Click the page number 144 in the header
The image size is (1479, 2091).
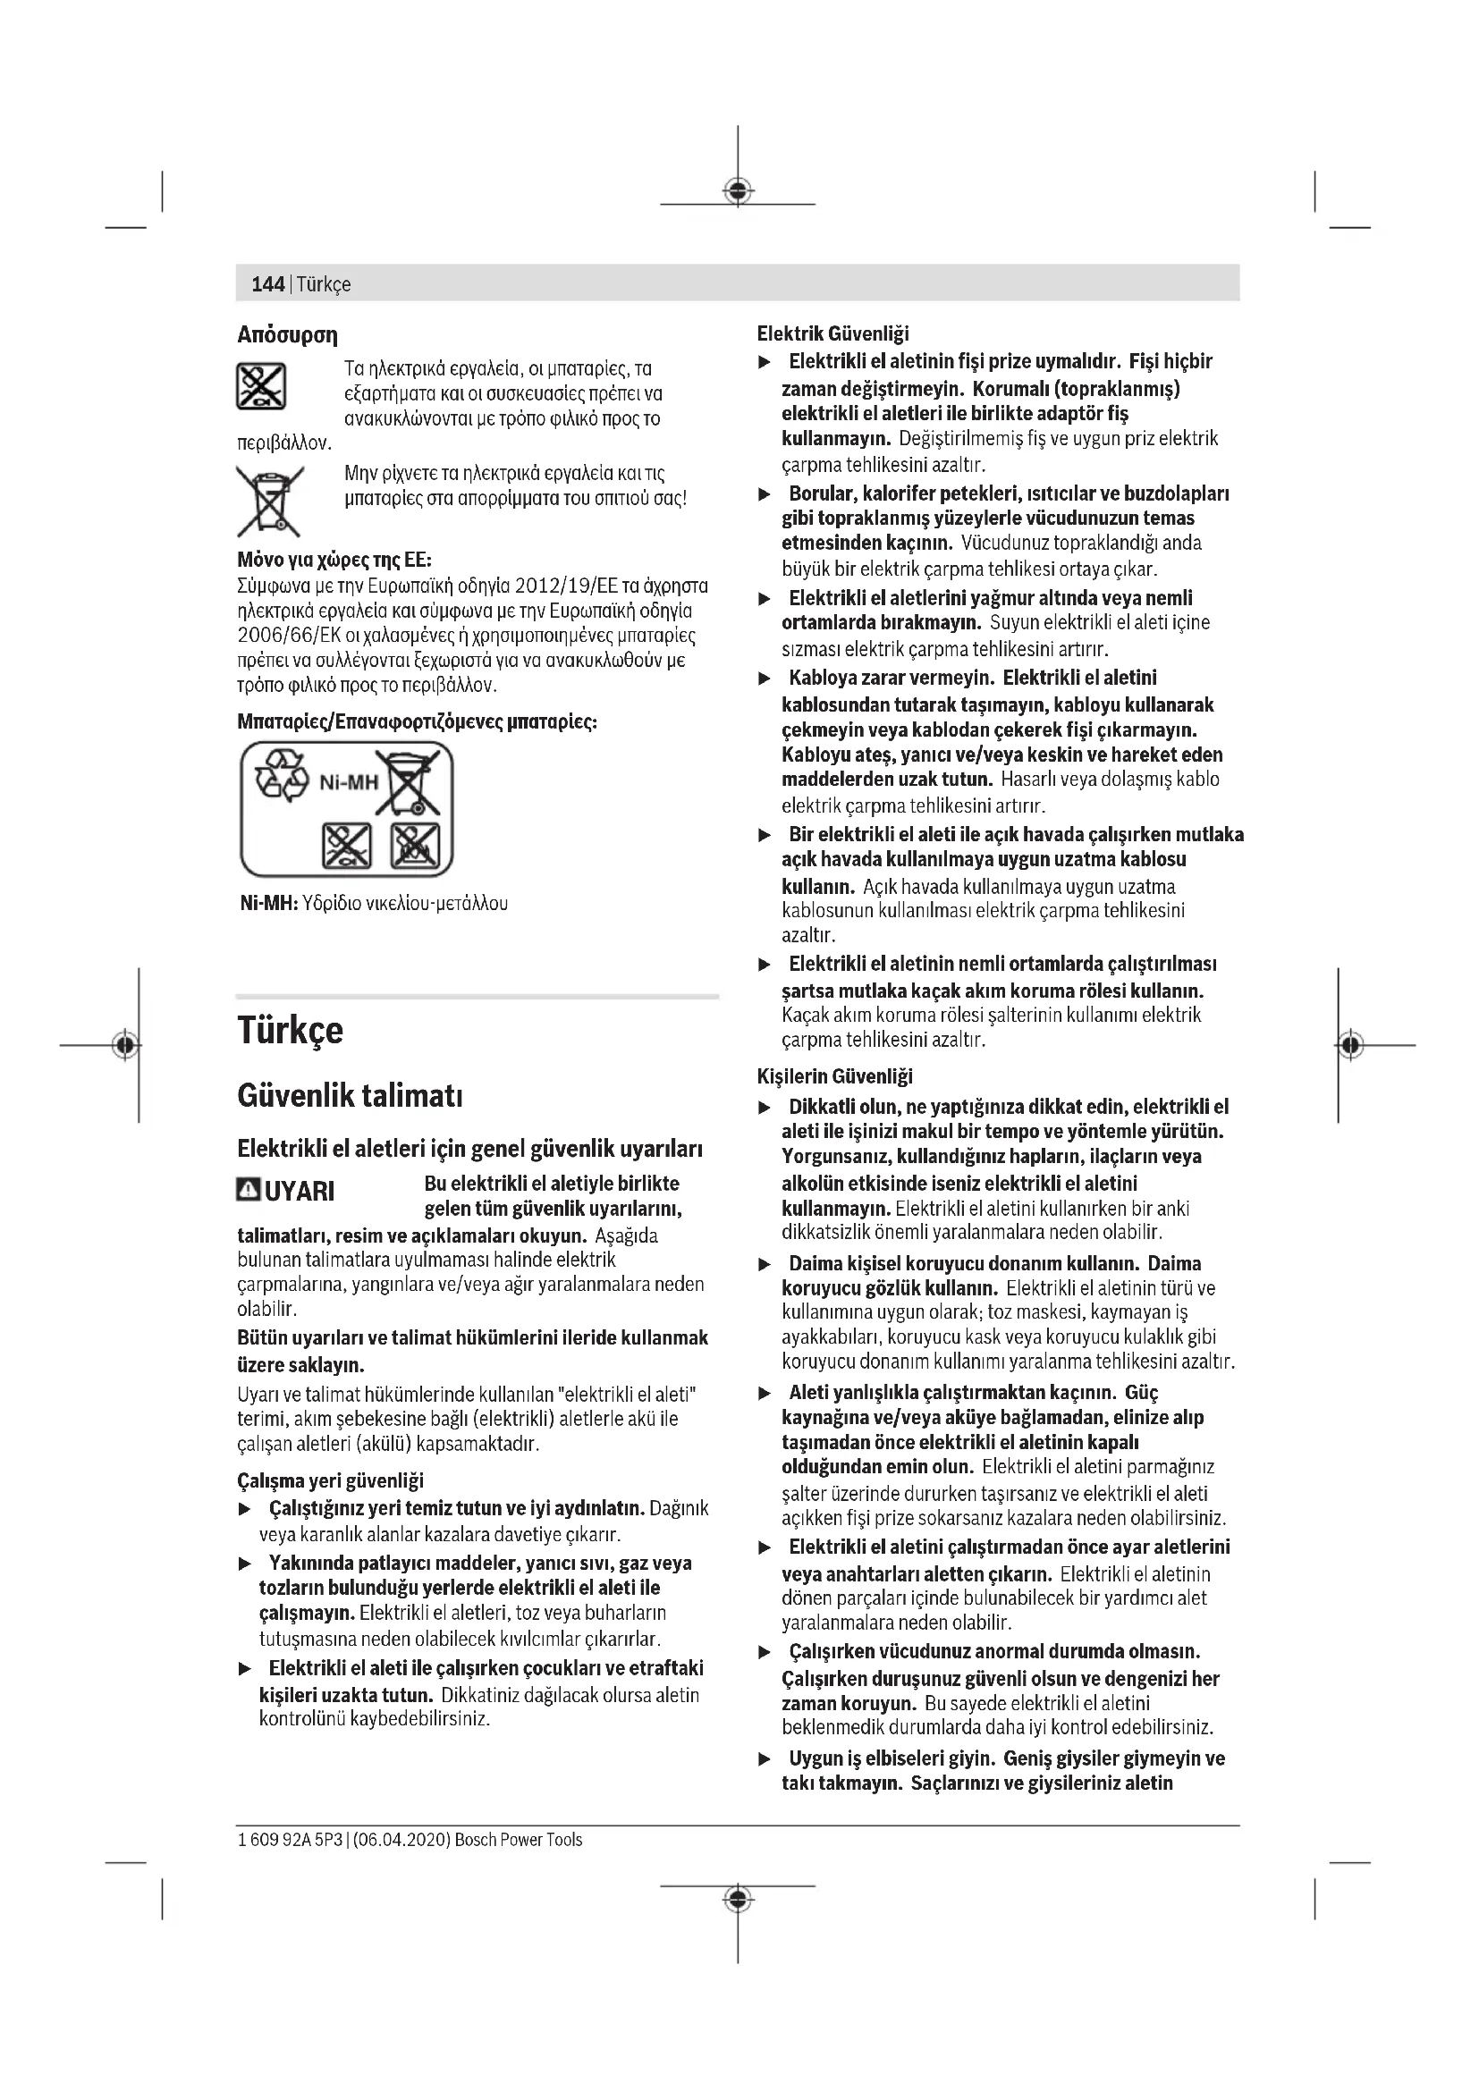[267, 284]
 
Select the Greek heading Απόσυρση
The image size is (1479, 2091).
[287, 335]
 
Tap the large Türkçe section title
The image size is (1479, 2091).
[291, 1030]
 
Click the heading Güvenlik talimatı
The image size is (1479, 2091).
[351, 1096]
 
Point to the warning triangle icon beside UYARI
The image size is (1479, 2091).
[248, 1190]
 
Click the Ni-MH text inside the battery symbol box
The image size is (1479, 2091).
[349, 782]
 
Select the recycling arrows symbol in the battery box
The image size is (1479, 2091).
[283, 776]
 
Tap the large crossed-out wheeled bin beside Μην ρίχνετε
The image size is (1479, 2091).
[269, 500]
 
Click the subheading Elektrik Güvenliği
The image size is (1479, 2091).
[832, 334]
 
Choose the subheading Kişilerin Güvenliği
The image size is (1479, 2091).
[834, 1076]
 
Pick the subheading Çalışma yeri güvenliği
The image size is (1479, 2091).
[331, 1480]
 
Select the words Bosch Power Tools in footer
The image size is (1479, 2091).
[519, 1840]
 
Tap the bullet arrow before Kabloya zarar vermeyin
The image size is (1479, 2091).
[766, 679]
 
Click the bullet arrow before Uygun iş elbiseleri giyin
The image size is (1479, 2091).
[766, 1758]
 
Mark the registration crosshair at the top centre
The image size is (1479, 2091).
[738, 190]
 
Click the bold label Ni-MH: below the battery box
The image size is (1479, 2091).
[268, 904]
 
